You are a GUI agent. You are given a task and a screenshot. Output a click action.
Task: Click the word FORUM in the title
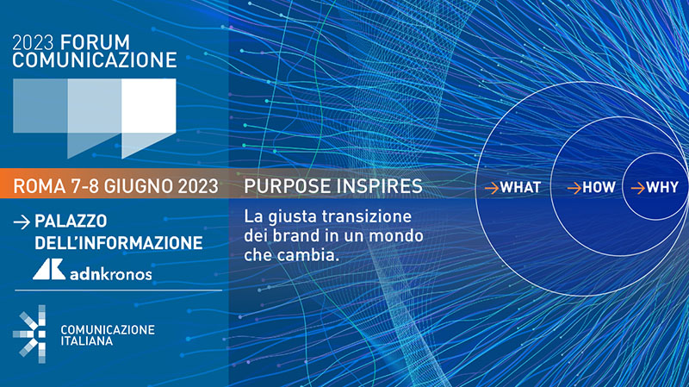95,42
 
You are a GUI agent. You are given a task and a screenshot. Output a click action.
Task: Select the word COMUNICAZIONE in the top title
95,60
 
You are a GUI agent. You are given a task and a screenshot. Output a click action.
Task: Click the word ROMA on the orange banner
40,186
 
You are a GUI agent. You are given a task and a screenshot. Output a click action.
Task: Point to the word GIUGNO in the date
139,186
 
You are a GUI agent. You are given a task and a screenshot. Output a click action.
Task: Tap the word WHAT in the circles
521,188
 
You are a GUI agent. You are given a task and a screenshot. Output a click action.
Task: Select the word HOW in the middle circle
599,188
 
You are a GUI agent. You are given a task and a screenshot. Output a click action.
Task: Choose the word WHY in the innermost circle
662,188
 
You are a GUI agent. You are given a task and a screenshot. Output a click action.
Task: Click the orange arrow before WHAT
492,188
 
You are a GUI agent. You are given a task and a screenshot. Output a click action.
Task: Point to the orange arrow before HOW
574,188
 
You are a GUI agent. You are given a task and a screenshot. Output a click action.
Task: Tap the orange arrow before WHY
638,188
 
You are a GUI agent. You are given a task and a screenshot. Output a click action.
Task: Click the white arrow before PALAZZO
22,222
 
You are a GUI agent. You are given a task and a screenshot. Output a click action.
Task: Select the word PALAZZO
71,222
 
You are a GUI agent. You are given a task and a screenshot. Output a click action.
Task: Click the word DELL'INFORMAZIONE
119,243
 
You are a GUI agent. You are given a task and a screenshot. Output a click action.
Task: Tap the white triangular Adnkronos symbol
49,269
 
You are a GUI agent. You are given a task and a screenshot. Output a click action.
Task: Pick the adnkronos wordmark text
111,274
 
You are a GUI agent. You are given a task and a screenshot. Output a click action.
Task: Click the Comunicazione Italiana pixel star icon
29,334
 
